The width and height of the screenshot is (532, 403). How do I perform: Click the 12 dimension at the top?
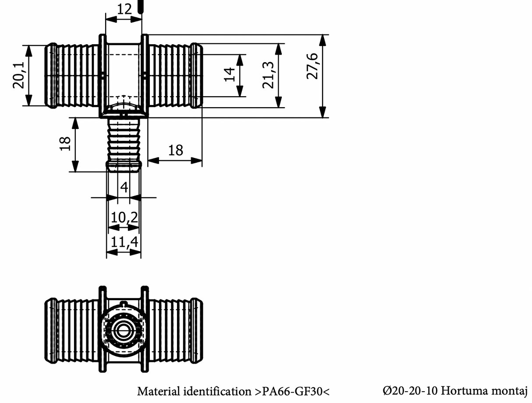tap(124, 9)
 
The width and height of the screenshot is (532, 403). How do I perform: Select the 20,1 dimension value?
tap(19, 75)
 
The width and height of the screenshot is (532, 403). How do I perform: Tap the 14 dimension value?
tap(230, 75)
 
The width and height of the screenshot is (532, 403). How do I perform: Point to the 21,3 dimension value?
tap(268, 75)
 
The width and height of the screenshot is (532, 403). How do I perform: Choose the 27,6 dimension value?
tap(312, 66)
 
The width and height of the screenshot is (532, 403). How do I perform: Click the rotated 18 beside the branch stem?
tap(65, 144)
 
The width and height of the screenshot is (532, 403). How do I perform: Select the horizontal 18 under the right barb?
tap(175, 151)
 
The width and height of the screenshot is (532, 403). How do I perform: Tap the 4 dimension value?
tap(124, 188)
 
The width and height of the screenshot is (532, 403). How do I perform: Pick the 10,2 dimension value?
tap(124, 217)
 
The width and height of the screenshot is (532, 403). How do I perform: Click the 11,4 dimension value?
tap(124, 242)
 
